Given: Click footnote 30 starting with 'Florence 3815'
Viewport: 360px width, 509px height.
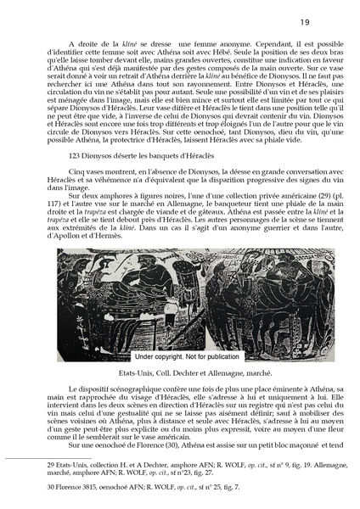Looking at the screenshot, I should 85,489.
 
